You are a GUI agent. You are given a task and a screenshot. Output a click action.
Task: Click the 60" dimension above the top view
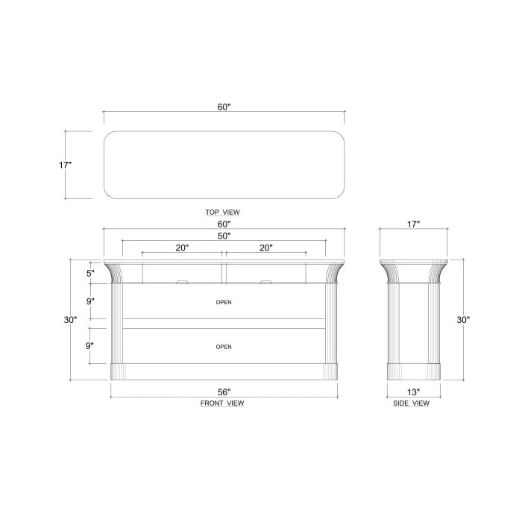point(224,107)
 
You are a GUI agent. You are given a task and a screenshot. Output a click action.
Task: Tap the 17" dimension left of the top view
point(65,165)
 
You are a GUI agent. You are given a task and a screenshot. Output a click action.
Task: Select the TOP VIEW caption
point(223,212)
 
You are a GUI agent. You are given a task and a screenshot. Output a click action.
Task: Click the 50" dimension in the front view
point(224,236)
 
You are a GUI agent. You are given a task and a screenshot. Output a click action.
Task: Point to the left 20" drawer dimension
point(183,248)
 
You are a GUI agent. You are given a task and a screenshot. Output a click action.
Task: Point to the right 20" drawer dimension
point(266,248)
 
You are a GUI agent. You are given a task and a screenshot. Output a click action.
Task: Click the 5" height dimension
point(89,273)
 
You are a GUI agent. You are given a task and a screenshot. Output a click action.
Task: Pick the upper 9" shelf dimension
point(89,301)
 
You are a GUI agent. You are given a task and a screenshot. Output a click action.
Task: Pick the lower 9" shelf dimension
point(89,345)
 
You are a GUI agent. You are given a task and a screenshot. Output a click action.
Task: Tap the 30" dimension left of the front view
point(69,320)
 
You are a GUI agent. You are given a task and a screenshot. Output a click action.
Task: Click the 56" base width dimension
point(224,391)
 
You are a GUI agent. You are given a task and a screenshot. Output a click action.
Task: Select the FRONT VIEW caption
point(223,403)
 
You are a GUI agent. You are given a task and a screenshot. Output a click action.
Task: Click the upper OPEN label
point(224,303)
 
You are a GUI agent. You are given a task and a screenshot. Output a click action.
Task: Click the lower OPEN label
point(224,347)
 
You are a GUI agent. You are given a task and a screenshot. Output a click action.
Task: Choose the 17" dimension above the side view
point(413,224)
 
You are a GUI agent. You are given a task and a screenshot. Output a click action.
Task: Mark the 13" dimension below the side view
point(413,391)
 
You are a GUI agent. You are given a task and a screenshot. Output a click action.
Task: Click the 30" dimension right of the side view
point(463,320)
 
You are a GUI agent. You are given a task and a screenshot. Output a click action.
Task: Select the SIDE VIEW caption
point(412,403)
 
